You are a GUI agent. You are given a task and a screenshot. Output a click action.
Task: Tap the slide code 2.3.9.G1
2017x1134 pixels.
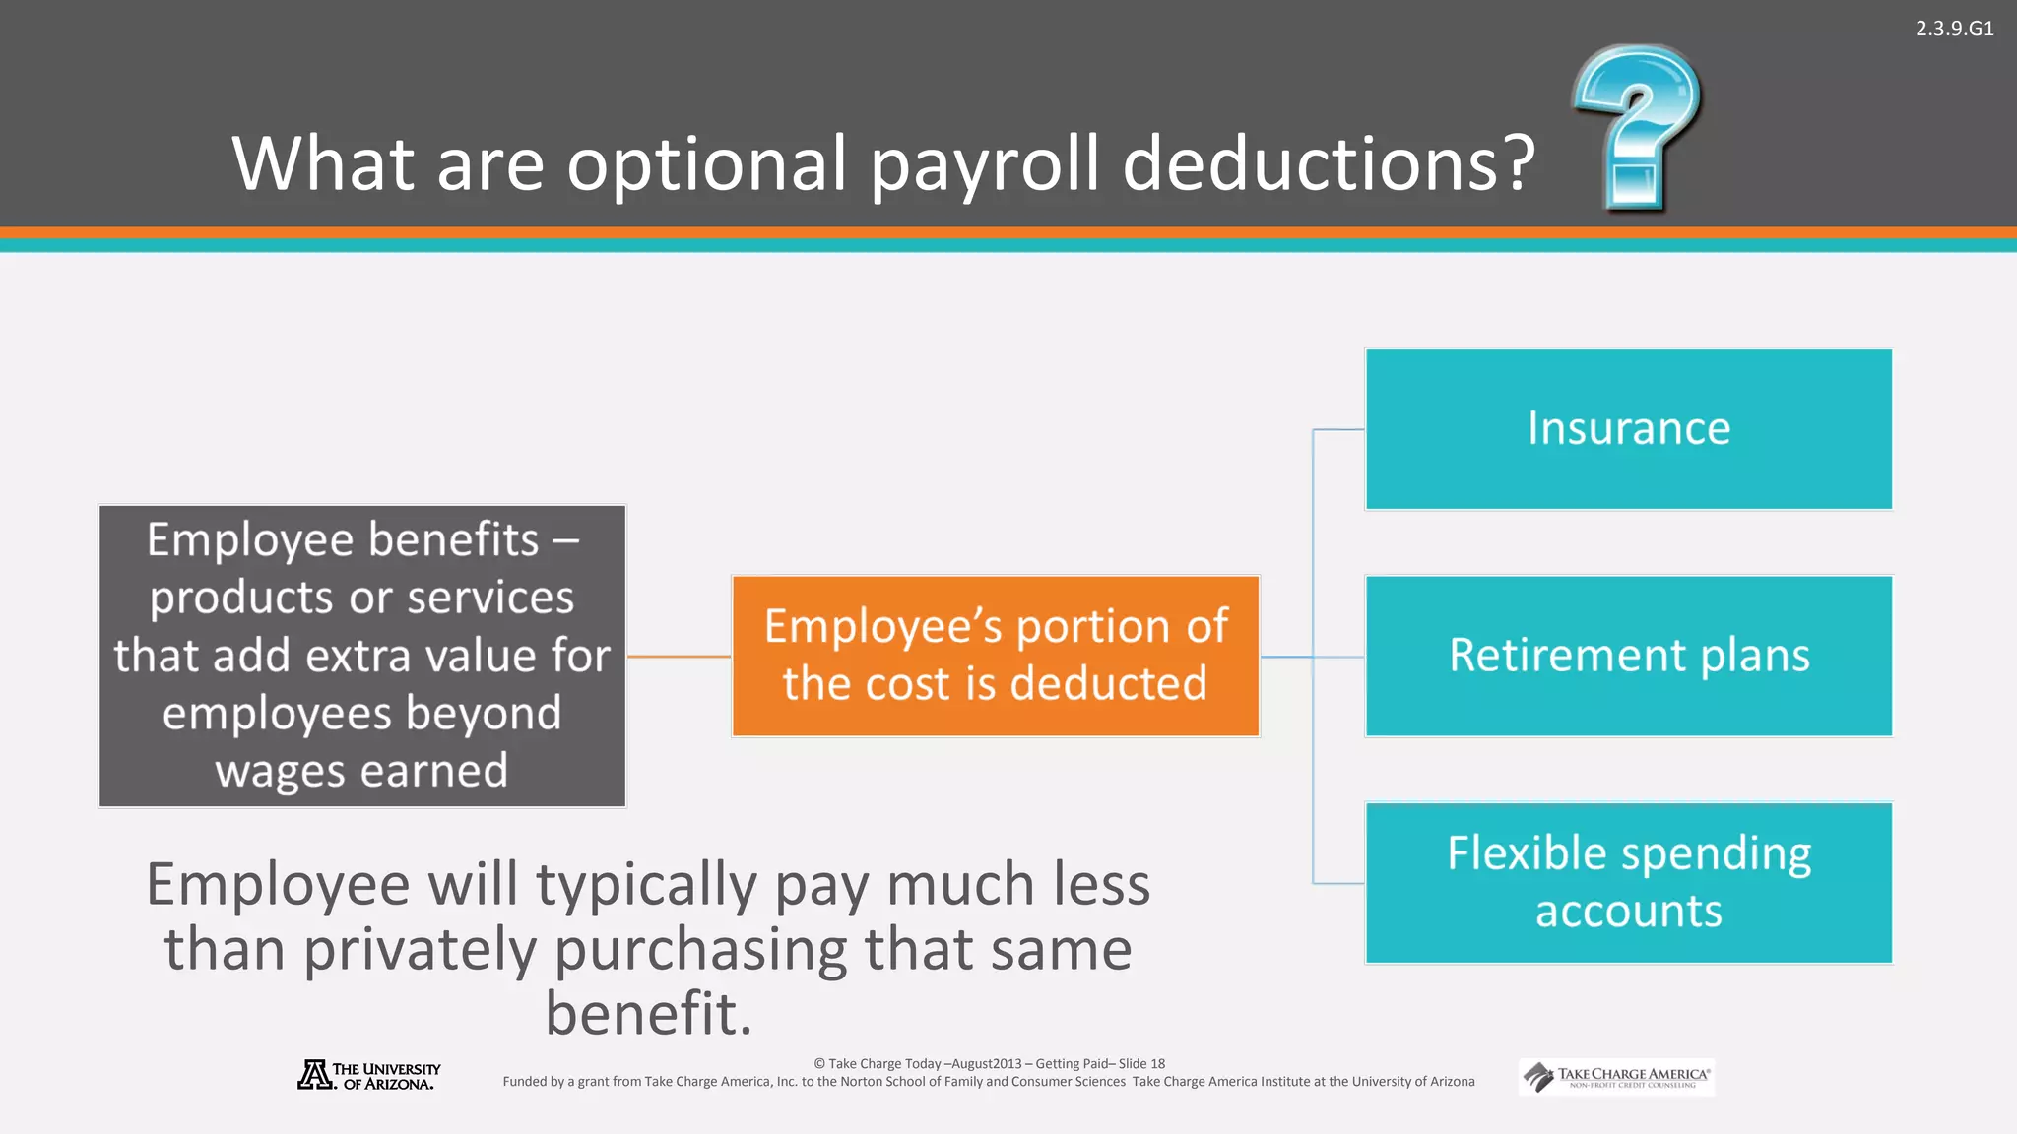coord(1954,29)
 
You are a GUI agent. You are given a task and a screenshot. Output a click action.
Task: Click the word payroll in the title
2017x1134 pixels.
coord(984,163)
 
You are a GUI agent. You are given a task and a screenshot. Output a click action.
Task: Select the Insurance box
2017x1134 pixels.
coord(1628,429)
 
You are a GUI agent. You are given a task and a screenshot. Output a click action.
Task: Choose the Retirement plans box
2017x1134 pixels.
coord(1628,656)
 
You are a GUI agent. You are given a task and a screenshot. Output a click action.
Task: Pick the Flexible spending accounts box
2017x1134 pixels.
coord(1628,882)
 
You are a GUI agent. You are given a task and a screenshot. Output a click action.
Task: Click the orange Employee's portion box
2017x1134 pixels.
coord(995,656)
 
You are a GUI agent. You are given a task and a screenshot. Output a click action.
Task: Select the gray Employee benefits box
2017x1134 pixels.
coord(362,656)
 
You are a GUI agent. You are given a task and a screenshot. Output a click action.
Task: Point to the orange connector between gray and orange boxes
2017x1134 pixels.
coord(679,656)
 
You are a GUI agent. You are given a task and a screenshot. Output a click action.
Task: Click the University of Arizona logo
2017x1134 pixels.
coord(369,1075)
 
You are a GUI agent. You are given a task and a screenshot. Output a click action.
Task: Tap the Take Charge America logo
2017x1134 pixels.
coord(1616,1077)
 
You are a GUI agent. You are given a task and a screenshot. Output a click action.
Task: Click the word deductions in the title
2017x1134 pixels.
coord(1329,163)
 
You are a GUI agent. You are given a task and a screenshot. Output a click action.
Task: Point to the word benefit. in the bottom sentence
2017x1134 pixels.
coord(649,1014)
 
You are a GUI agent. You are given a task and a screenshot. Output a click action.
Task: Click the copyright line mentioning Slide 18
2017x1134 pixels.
coord(989,1063)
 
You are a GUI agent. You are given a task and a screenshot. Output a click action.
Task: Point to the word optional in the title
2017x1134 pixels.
coord(706,163)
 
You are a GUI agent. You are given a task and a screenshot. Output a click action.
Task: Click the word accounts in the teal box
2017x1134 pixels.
coord(1628,911)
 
